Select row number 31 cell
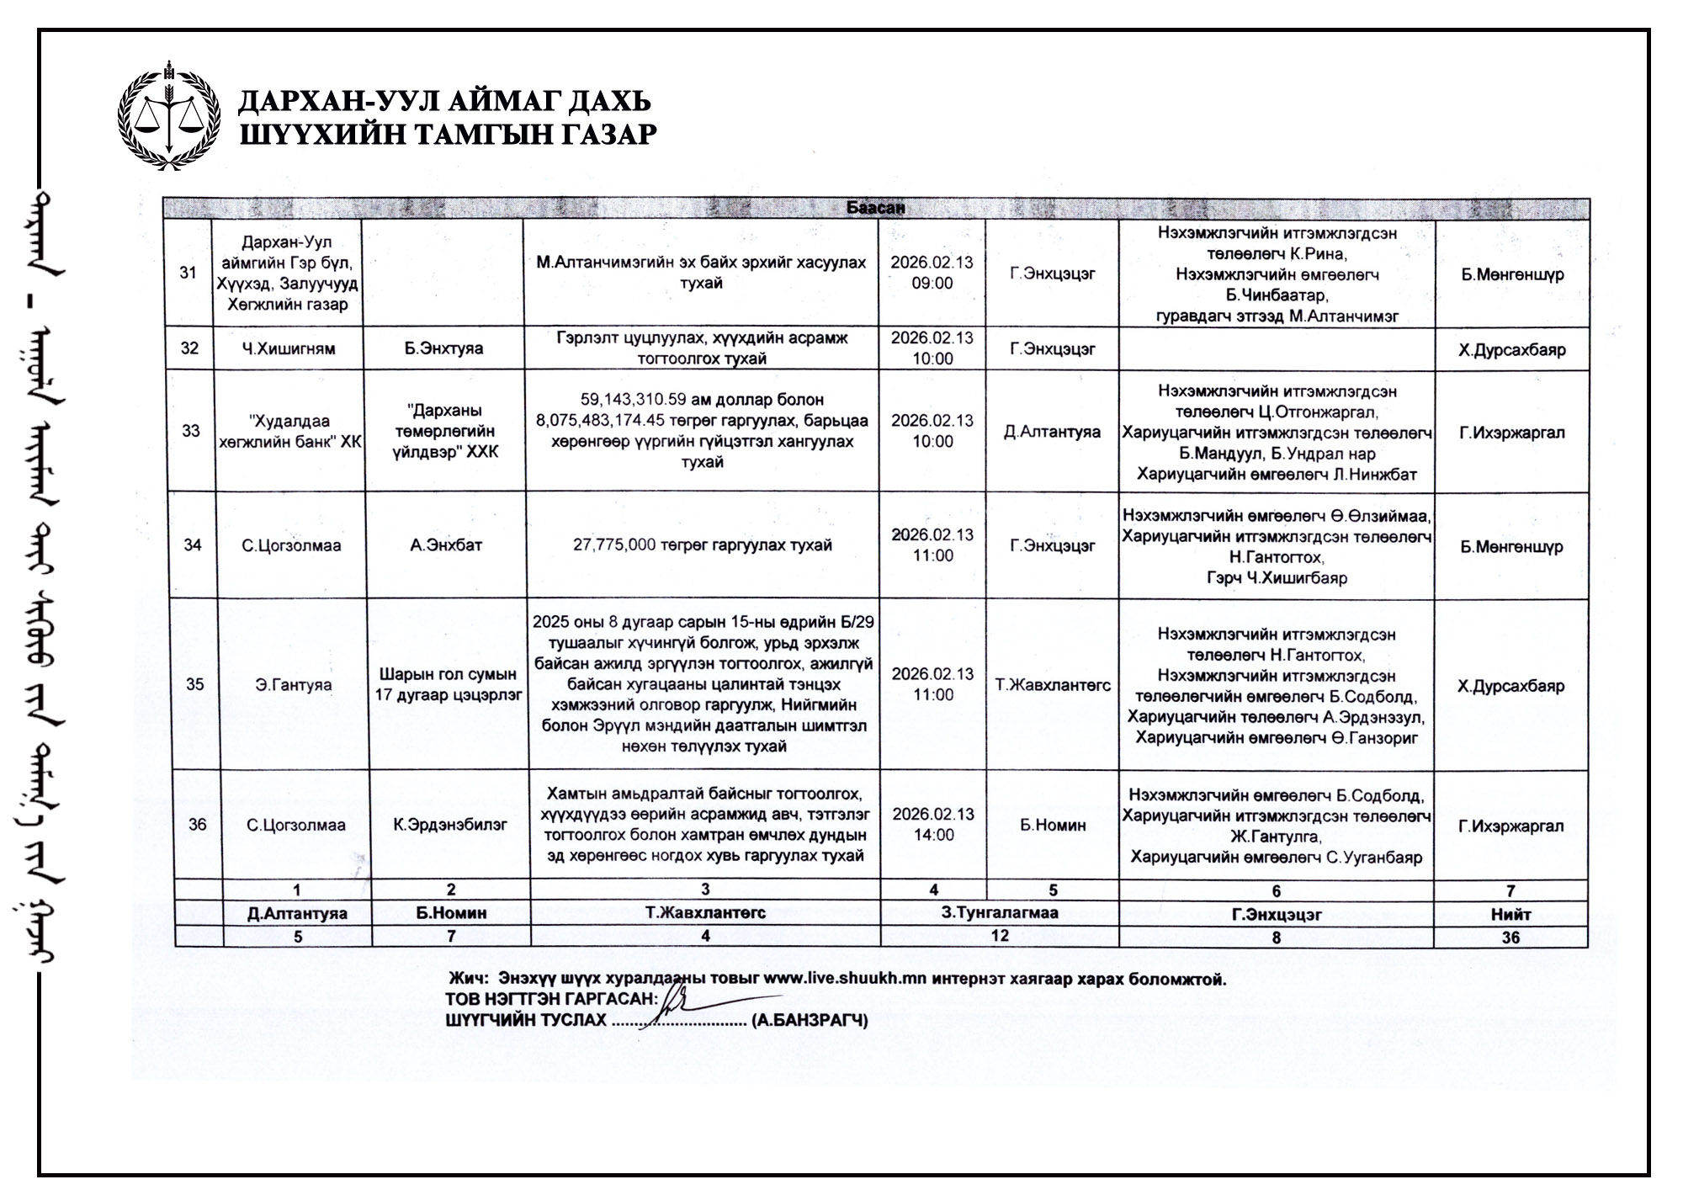(189, 273)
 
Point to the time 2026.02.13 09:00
(932, 273)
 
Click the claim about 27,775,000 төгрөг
(702, 545)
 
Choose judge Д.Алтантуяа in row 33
(1052, 432)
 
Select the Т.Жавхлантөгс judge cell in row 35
(1053, 685)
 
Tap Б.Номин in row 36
(1053, 826)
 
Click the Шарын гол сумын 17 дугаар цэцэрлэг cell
(448, 684)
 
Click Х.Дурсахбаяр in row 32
(1511, 349)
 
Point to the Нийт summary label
(1510, 914)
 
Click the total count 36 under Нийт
(1510, 937)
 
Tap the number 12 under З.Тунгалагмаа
(1000, 935)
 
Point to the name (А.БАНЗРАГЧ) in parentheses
(810, 1021)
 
